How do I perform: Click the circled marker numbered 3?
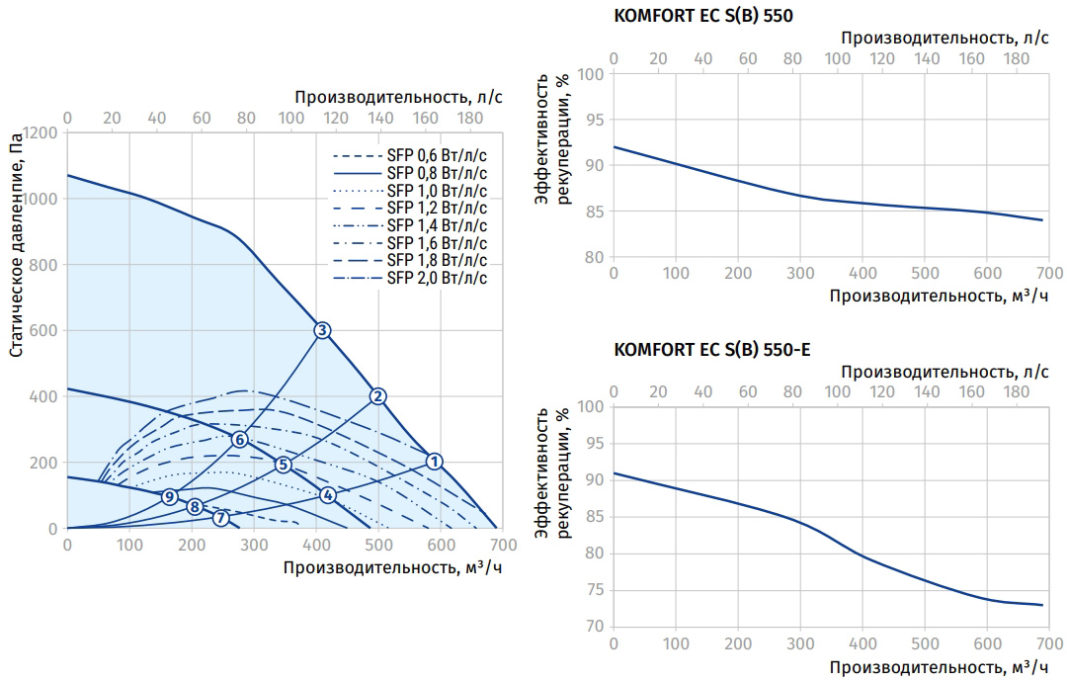(x=321, y=330)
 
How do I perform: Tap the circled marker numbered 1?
(x=435, y=461)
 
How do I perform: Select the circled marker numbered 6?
(x=239, y=439)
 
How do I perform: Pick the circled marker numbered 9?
(x=170, y=496)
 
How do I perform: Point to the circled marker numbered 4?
(x=328, y=494)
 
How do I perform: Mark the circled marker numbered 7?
(x=220, y=518)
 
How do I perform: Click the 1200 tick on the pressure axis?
(x=40, y=132)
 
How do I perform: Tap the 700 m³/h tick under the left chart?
(x=501, y=545)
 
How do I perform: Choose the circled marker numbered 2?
(x=377, y=396)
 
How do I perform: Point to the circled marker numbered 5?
(x=284, y=465)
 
